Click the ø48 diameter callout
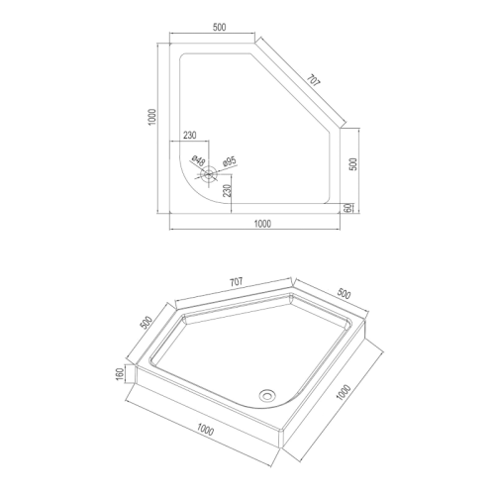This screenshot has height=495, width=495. [197, 159]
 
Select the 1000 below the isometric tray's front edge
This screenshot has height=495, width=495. [206, 429]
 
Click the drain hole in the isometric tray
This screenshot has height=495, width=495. [266, 394]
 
